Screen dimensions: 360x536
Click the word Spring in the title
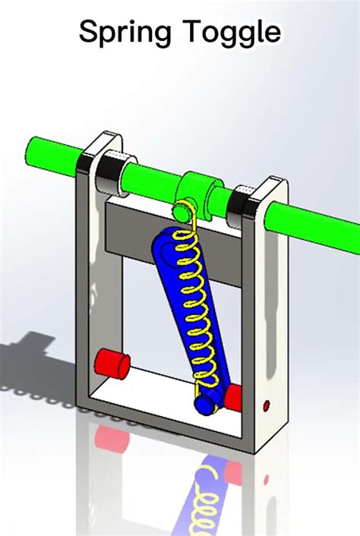coord(125,32)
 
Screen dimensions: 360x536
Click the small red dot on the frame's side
coord(267,405)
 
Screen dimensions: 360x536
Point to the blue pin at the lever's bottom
coord(206,402)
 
